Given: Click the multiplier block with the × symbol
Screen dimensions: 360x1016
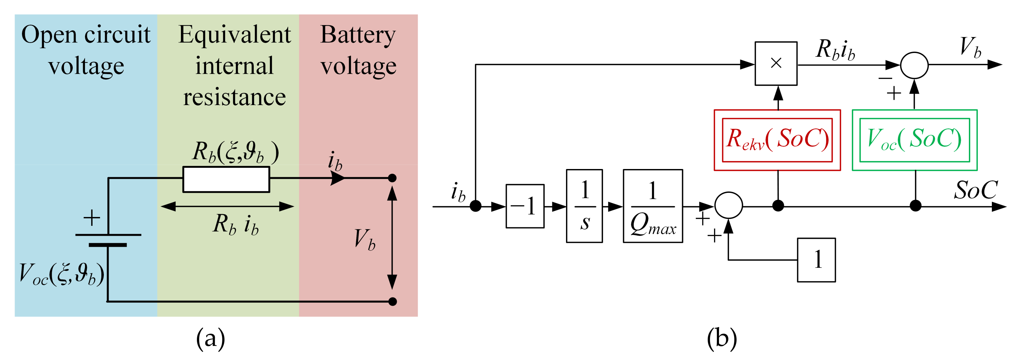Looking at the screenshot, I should click(x=775, y=63).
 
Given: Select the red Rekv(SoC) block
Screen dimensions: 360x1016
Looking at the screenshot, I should click(x=777, y=140).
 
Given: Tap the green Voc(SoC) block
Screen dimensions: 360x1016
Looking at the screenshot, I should click(x=914, y=140).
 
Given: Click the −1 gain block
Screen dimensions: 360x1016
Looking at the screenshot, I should click(x=525, y=206).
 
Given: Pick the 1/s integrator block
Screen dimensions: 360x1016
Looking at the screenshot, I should click(x=584, y=206).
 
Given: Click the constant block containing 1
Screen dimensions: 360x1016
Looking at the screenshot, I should click(x=816, y=260).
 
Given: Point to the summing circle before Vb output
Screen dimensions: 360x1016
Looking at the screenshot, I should click(x=914, y=65).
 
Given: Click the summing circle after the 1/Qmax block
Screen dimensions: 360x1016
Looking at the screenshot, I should click(x=728, y=205).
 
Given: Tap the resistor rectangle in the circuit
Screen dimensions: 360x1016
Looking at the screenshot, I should click(x=226, y=179).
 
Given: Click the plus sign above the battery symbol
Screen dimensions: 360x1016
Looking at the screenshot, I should click(x=92, y=218).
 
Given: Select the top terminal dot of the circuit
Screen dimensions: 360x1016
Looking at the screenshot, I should click(x=392, y=178).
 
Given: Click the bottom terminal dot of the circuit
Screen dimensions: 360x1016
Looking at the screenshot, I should click(x=392, y=302).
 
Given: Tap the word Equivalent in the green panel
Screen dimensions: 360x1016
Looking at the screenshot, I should click(x=234, y=35).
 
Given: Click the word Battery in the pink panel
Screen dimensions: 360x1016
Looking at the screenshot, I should click(x=357, y=35).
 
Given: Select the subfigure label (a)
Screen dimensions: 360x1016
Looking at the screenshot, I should click(x=211, y=338).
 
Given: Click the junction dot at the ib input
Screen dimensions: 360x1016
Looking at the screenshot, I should click(x=475, y=206).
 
